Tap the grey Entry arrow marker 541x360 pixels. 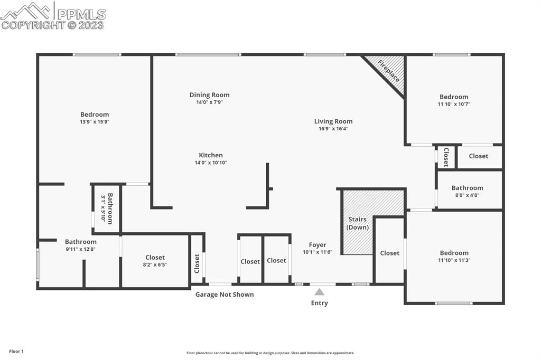(319, 292)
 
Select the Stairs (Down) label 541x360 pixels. (358, 223)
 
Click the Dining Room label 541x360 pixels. (209, 95)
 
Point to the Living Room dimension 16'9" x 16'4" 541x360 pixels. (333, 129)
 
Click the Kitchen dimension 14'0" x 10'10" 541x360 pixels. (211, 163)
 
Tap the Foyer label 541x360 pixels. (318, 245)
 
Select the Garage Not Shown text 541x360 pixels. (225, 295)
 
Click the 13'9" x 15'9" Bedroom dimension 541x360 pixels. (95, 122)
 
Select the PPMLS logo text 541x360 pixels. (81, 14)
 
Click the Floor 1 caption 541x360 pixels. (16, 352)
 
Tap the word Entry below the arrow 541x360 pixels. (320, 303)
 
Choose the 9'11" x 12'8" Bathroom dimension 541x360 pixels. (81, 249)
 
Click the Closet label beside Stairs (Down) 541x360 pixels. (389, 253)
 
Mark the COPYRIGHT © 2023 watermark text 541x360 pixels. (52, 25)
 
